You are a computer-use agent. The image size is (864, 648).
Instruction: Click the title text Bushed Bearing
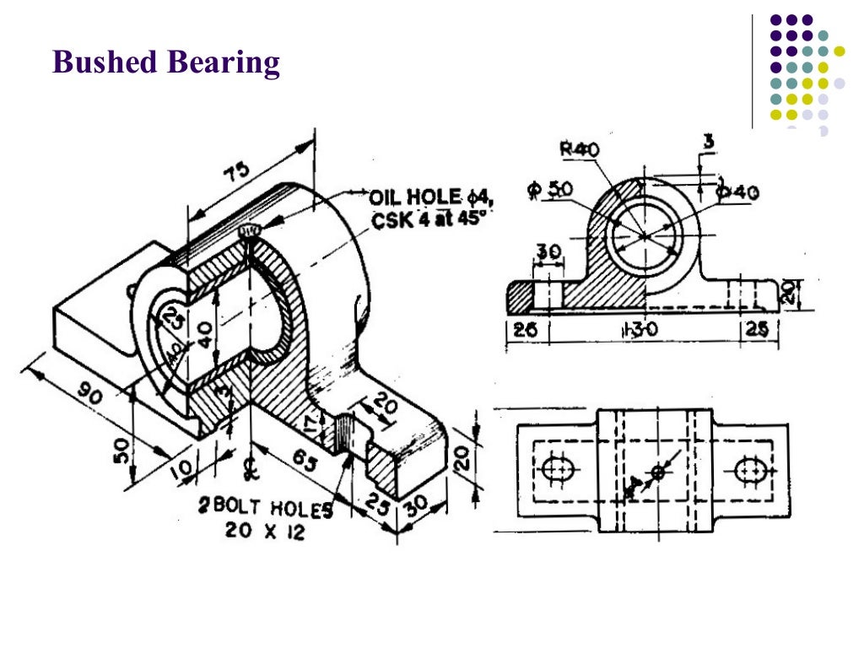click(x=165, y=63)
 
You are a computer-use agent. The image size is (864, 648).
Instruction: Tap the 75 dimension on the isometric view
click(x=237, y=171)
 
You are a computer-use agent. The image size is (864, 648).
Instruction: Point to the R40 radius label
click(x=580, y=149)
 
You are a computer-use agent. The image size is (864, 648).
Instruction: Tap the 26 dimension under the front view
click(x=525, y=330)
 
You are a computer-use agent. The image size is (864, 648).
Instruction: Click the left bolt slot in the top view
click(x=558, y=469)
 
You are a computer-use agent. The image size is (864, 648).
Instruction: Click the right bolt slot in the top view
click(x=749, y=470)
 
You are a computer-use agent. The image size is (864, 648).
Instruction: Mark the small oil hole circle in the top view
click(x=658, y=471)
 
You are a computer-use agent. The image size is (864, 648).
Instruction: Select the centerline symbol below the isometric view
click(x=249, y=465)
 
